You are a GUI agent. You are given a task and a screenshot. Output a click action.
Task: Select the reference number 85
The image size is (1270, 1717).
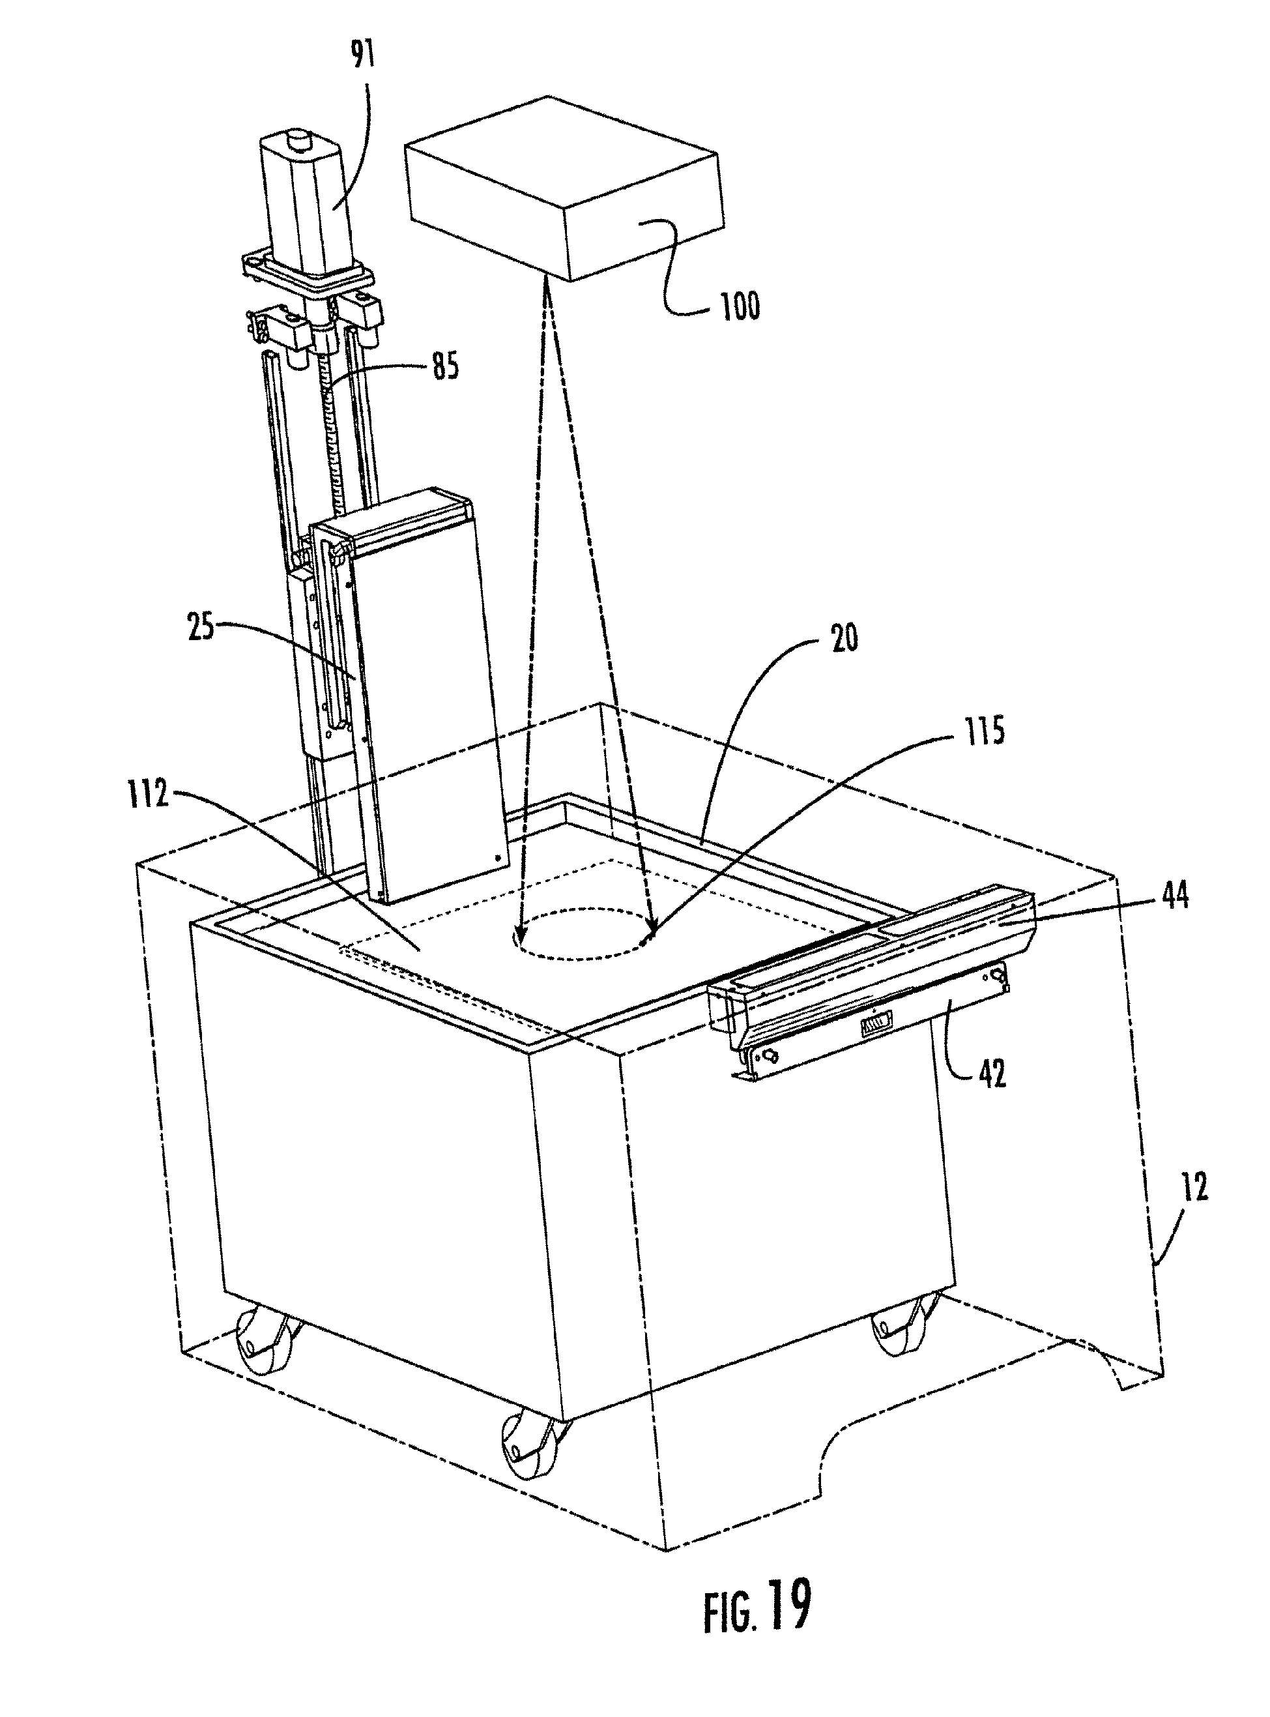coord(445,367)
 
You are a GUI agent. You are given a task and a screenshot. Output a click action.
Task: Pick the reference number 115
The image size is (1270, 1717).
coord(983,731)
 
